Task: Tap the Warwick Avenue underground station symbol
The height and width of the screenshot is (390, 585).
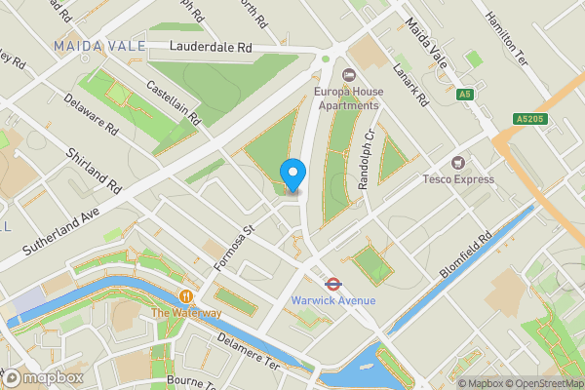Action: coord(332,285)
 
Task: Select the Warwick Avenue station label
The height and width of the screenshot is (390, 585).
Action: coord(332,300)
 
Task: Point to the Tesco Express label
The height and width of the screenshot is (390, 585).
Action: coord(457,178)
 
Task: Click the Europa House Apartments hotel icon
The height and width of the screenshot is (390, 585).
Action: coord(348,74)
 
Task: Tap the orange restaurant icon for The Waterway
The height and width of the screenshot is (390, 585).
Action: coord(185,296)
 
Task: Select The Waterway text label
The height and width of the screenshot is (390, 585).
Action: coord(185,313)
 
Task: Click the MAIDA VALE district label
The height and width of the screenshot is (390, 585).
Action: coord(99,46)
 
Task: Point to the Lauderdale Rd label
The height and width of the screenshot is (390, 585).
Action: coord(210,47)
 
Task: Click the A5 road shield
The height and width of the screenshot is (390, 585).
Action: coord(465,94)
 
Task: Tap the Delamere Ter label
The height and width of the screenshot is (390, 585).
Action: coord(248,349)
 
